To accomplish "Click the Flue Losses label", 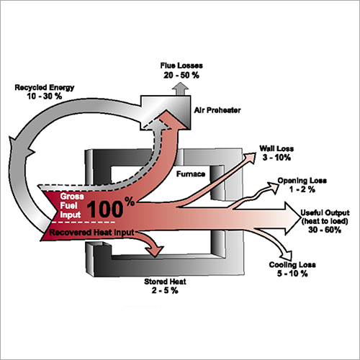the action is [181, 66].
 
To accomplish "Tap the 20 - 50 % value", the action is [181, 75].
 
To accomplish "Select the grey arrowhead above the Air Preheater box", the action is [180, 89].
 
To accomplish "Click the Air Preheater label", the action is [217, 110].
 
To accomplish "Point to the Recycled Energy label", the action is [45, 88].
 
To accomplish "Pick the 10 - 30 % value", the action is [45, 96].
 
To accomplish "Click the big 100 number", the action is [105, 210].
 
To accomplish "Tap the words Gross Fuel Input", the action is [72, 206].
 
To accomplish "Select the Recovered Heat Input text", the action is [91, 233].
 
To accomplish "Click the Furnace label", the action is [191, 174].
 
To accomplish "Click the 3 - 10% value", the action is [276, 158].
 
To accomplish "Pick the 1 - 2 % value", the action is [302, 189].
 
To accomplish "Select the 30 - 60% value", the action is [325, 230].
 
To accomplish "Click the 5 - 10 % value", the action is [292, 274].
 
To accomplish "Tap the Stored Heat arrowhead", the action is [155, 251].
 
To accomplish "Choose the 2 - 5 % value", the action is [165, 291].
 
